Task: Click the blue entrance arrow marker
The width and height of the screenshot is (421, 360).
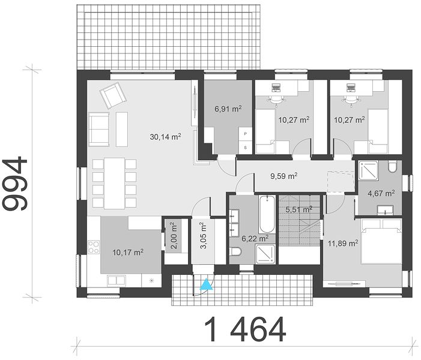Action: click(206, 285)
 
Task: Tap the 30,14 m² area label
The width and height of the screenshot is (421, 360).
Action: click(165, 137)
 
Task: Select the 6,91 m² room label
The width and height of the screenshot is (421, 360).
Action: click(228, 109)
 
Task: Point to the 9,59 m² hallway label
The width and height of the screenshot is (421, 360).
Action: click(284, 176)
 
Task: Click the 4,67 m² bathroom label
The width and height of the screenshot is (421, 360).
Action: click(381, 193)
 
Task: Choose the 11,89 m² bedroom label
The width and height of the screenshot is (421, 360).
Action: click(343, 244)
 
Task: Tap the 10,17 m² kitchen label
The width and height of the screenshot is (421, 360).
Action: click(128, 253)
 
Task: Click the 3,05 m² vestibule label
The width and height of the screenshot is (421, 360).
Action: click(203, 235)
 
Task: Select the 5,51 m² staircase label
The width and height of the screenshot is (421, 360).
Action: click(299, 209)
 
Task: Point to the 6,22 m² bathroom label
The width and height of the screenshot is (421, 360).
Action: click(255, 238)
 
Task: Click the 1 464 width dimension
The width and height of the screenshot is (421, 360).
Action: click(245, 329)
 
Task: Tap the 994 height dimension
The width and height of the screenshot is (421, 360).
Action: click(15, 184)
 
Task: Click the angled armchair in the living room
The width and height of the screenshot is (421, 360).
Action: click(113, 95)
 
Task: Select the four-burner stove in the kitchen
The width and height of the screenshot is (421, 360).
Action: click(94, 247)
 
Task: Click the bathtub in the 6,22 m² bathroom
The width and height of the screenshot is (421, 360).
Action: click(267, 214)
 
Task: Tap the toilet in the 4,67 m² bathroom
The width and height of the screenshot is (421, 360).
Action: click(392, 166)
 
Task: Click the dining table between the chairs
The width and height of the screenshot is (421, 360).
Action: click(114, 183)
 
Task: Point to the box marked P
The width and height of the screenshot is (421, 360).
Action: click(245, 134)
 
